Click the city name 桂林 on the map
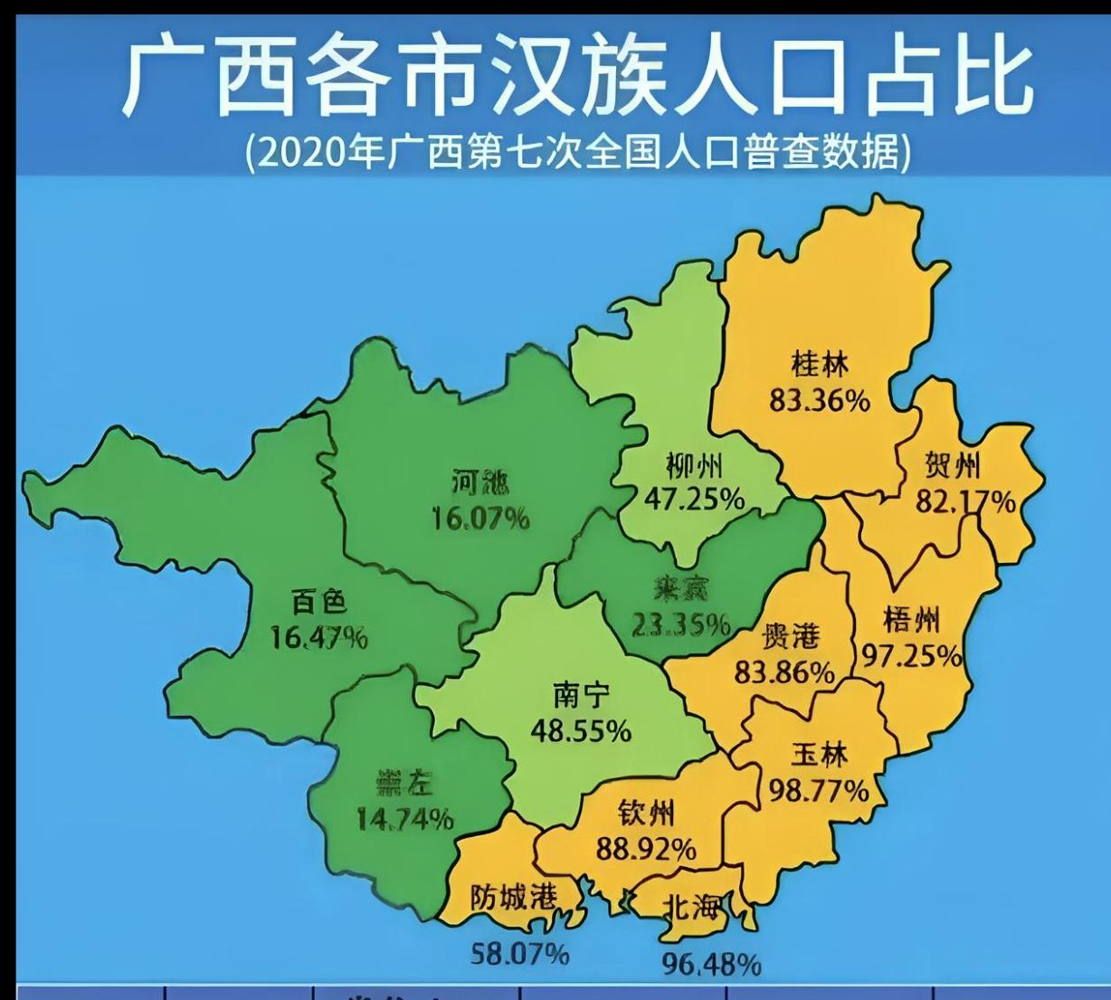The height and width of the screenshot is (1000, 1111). (820, 365)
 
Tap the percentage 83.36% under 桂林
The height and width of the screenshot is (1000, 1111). (820, 399)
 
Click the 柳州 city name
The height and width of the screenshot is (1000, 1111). (694, 466)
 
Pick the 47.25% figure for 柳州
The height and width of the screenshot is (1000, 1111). (694, 499)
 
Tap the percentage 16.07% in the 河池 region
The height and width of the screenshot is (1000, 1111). (480, 519)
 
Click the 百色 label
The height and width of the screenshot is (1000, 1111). (319, 602)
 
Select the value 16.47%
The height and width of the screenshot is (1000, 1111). (319, 638)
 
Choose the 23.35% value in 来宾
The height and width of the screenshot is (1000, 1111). (680, 624)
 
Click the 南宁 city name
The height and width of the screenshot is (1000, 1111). (581, 695)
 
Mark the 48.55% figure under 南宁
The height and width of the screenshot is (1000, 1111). (581, 730)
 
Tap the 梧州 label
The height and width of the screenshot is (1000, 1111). (911, 620)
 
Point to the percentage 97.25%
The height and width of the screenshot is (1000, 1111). (911, 654)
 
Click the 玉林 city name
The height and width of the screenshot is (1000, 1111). (819, 754)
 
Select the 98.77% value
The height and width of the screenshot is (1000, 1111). (819, 791)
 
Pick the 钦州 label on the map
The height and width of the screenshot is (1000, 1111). (646, 814)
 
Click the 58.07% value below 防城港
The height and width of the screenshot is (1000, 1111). (520, 953)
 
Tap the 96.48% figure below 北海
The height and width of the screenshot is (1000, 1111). (711, 964)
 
